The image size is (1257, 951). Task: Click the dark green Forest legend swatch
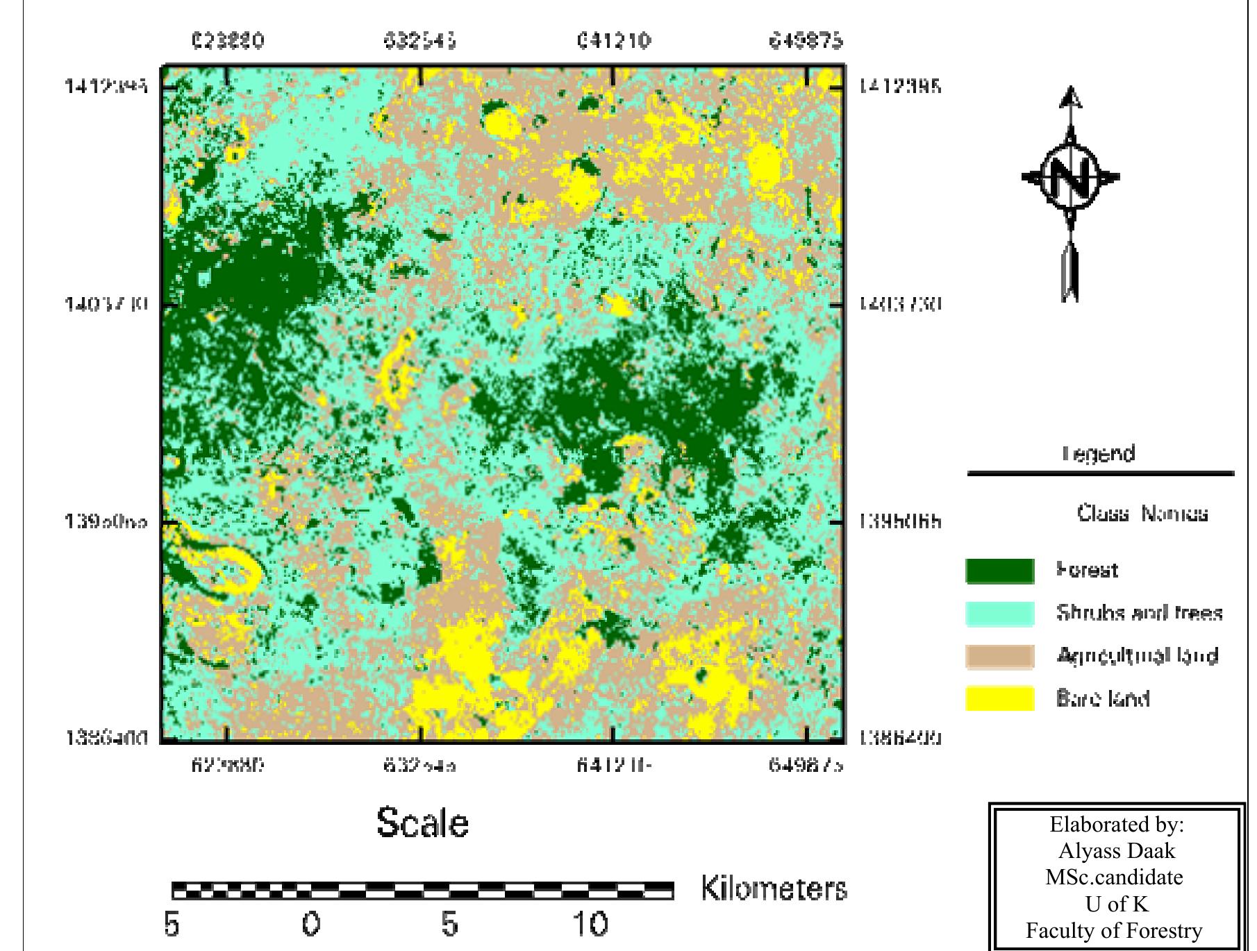(1000, 571)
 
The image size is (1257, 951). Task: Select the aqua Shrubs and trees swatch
(1000, 614)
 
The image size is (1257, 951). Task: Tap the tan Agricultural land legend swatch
(1000, 656)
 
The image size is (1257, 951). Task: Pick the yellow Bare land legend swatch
(1000, 698)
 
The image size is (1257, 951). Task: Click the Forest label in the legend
(1087, 571)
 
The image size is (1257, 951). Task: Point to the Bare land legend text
(1102, 698)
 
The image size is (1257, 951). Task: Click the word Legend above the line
(1099, 454)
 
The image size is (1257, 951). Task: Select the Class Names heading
(1142, 514)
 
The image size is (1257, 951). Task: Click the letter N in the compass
(1070, 177)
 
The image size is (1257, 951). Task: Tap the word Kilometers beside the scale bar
(774, 889)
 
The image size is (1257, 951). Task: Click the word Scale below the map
(422, 823)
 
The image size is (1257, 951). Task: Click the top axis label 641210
(614, 41)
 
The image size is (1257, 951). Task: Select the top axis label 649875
(806, 41)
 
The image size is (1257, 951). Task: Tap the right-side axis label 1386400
(900, 738)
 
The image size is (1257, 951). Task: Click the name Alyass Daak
(1116, 851)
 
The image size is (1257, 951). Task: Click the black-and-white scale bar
(422, 890)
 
